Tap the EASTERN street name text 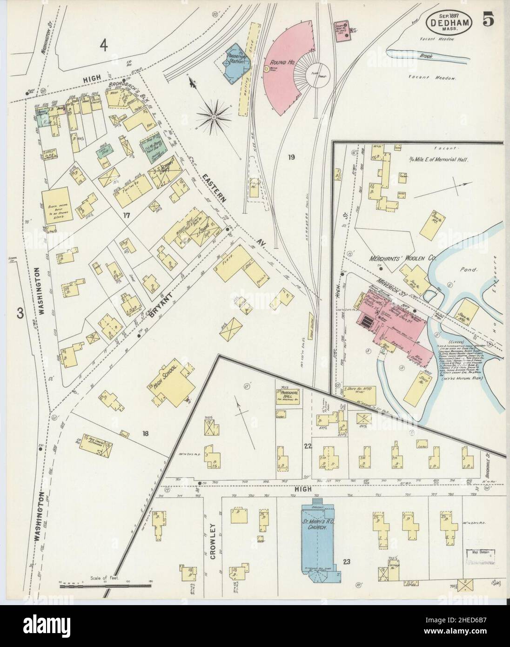(x=215, y=189)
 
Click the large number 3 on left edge (x=20, y=313)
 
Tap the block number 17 (x=126, y=215)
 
